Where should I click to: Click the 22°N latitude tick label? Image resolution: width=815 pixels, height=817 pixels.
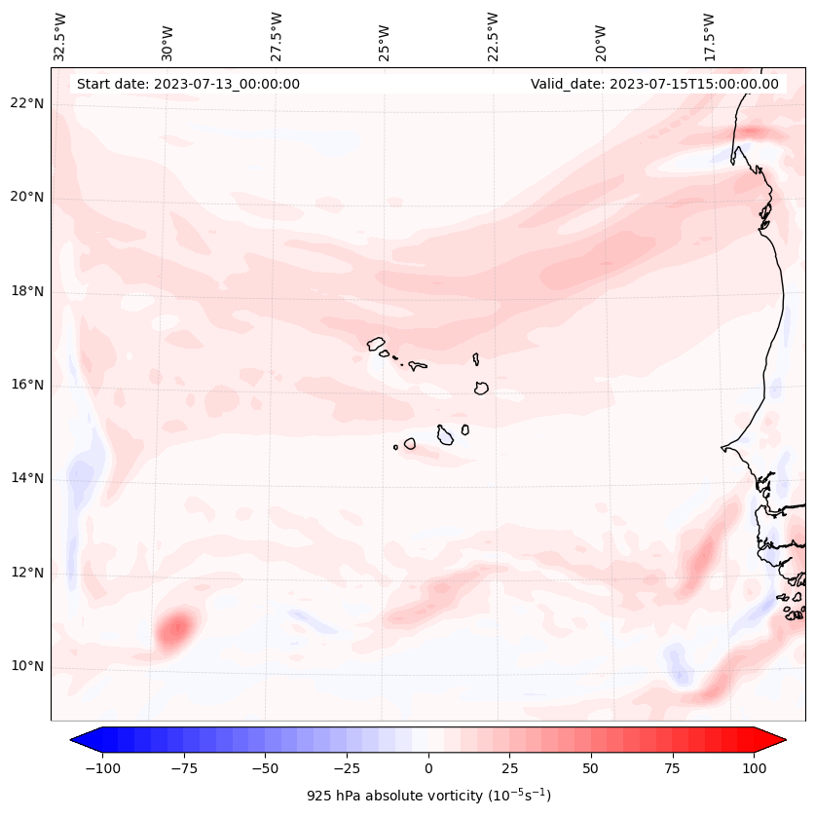[26, 104]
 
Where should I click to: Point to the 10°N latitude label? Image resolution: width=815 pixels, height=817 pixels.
[26, 667]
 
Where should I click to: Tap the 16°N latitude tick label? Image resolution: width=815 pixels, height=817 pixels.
[26, 386]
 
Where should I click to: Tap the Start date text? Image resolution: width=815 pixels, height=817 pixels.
[188, 84]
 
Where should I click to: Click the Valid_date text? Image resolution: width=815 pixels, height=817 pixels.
[654, 84]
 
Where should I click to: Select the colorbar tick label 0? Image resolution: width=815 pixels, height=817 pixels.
[428, 768]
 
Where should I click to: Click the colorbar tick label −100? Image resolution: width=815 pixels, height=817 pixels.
[102, 768]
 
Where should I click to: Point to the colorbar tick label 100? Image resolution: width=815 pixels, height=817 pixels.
[754, 768]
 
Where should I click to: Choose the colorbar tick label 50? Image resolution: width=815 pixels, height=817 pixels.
[591, 768]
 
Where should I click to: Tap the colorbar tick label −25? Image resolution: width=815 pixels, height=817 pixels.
[347, 768]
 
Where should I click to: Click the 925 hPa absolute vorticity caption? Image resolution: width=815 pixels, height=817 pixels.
[428, 796]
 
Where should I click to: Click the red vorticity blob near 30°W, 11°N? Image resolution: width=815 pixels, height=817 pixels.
[176, 626]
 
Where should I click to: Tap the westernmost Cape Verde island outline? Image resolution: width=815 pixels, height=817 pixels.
[376, 343]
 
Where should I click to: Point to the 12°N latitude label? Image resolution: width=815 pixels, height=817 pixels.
[26, 574]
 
